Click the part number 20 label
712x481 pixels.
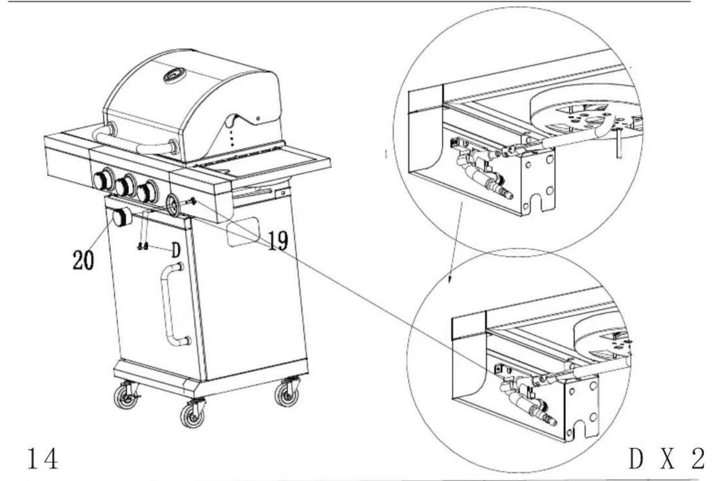pos(83,260)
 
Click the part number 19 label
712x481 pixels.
pos(278,241)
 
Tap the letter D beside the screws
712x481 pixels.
pos(176,250)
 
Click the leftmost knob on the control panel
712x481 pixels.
pos(104,179)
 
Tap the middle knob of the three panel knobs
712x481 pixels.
pos(125,185)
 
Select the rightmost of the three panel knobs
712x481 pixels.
pos(147,191)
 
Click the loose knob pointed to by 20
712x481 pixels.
pos(122,217)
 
